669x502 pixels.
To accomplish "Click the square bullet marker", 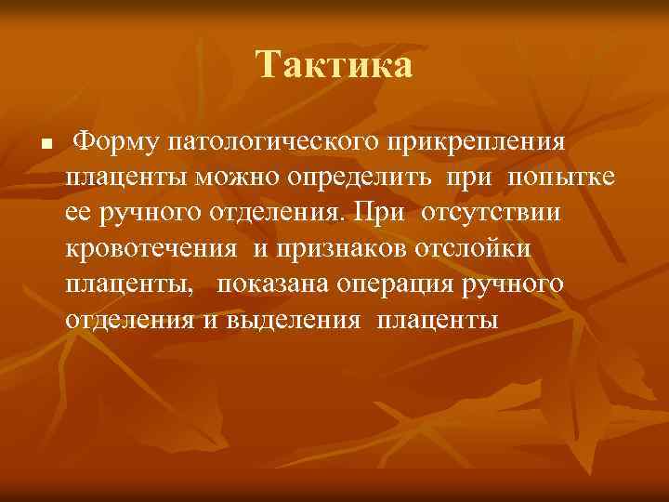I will tap(32, 145).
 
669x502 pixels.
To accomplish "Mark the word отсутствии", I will tap(491, 213).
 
